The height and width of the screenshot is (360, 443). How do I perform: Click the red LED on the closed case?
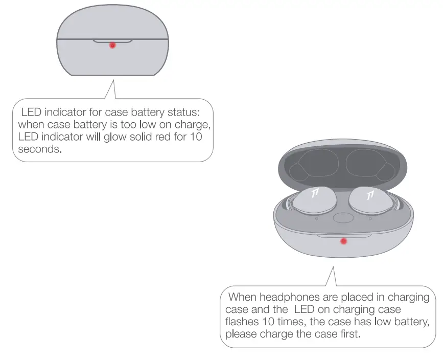click(x=112, y=45)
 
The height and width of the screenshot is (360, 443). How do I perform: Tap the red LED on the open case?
click(x=343, y=241)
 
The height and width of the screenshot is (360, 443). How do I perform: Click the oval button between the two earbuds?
click(x=342, y=218)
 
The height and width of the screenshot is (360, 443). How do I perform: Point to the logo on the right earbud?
click(x=370, y=194)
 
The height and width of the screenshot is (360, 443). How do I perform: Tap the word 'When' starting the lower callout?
click(x=243, y=297)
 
